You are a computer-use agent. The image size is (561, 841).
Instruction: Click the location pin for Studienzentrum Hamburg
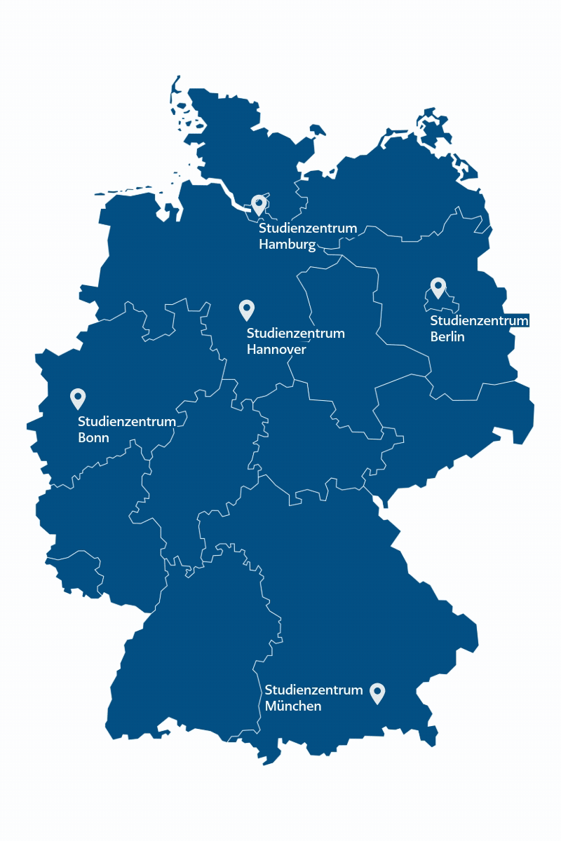[259, 205]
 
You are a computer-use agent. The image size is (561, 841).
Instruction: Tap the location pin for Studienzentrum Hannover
[246, 309]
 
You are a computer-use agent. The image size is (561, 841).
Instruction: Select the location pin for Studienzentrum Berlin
[438, 287]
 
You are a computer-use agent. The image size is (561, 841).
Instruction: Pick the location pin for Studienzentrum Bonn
[78, 398]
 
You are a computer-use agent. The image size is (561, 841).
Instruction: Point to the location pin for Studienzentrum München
[377, 692]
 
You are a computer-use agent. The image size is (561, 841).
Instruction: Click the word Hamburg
[288, 245]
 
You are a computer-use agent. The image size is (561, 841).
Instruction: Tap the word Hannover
[276, 349]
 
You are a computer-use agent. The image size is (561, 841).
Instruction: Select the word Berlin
[447, 337]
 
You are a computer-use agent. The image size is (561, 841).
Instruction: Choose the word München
[293, 706]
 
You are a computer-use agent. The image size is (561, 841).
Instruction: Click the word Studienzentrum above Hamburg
[308, 228]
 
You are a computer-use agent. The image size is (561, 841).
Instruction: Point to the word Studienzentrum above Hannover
[296, 333]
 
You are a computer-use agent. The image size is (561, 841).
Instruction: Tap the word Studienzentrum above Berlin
[479, 321]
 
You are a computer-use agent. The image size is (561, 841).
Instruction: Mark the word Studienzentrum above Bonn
[127, 422]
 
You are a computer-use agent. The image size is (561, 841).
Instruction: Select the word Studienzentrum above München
[314, 690]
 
